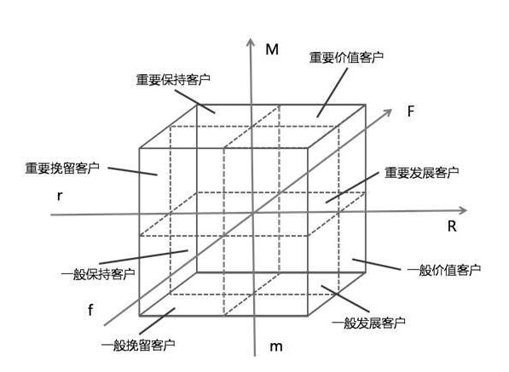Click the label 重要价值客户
pyautogui.click(x=346, y=58)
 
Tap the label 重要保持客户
pyautogui.click(x=173, y=80)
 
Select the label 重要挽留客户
pyautogui.click(x=62, y=169)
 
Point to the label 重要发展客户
pyautogui.click(x=421, y=173)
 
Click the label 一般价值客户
pyautogui.click(x=444, y=270)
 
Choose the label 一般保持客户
pyautogui.click(x=98, y=274)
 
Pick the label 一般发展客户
pyautogui.click(x=369, y=323)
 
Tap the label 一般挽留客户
pyautogui.click(x=139, y=345)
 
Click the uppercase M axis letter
pyautogui.click(x=272, y=49)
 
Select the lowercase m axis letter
pyautogui.click(x=276, y=346)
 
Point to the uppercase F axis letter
pyautogui.click(x=411, y=112)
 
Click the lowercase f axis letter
pyautogui.click(x=90, y=310)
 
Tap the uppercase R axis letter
pyautogui.click(x=452, y=226)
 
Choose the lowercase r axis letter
pyautogui.click(x=60, y=196)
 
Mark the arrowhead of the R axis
pyautogui.click(x=463, y=210)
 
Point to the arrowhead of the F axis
pyautogui.click(x=388, y=112)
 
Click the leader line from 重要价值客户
pyautogui.click(x=332, y=93)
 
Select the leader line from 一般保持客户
pyautogui.click(x=144, y=257)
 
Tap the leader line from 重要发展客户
pyautogui.click(x=352, y=187)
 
